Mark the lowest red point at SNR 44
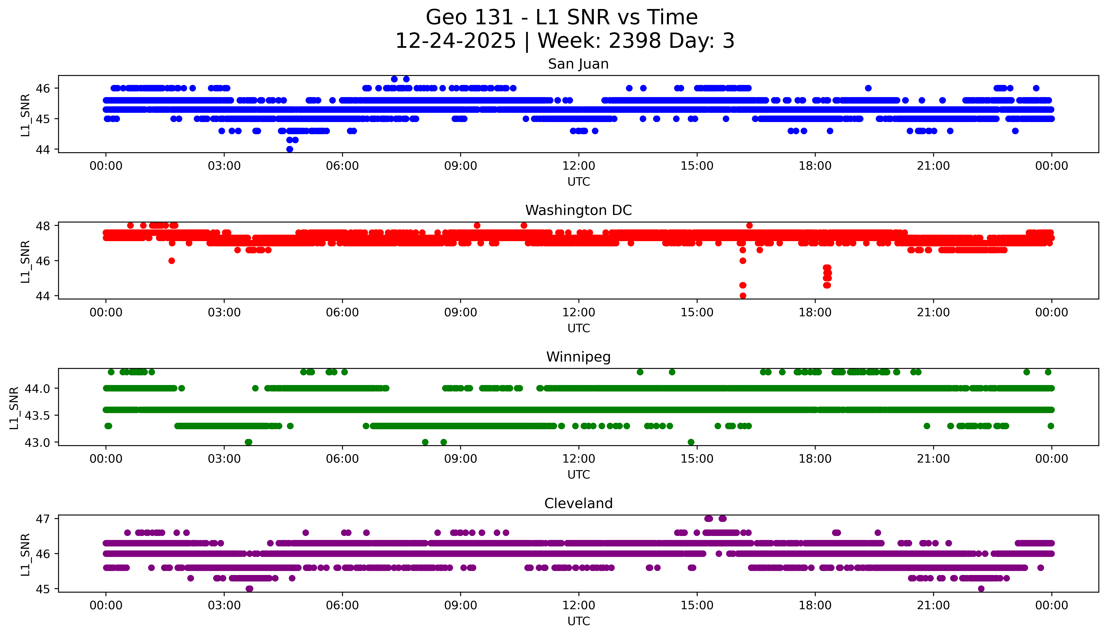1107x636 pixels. pyautogui.click(x=743, y=296)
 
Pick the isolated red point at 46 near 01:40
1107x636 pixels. pyautogui.click(x=172, y=261)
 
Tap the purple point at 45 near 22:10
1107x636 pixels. pyautogui.click(x=981, y=588)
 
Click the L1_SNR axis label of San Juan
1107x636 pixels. pyautogui.click(x=25, y=115)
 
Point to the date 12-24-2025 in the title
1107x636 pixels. pyautogui.click(x=455, y=41)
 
